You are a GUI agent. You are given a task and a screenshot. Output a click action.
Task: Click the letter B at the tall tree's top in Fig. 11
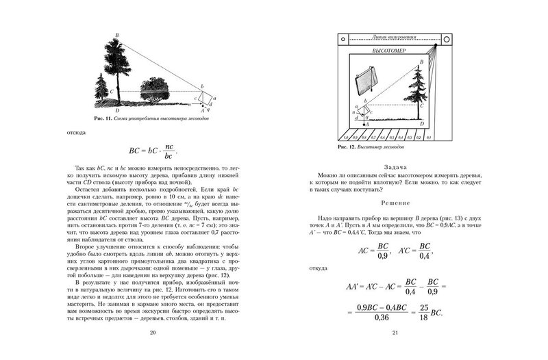118,34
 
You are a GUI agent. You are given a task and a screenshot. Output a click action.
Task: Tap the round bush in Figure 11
158,90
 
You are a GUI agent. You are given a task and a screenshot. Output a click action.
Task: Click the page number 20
153,333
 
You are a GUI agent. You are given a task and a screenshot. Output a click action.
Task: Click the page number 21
395,333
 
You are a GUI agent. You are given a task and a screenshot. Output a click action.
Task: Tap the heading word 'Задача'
394,167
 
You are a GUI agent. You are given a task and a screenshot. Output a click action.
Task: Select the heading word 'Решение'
395,203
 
